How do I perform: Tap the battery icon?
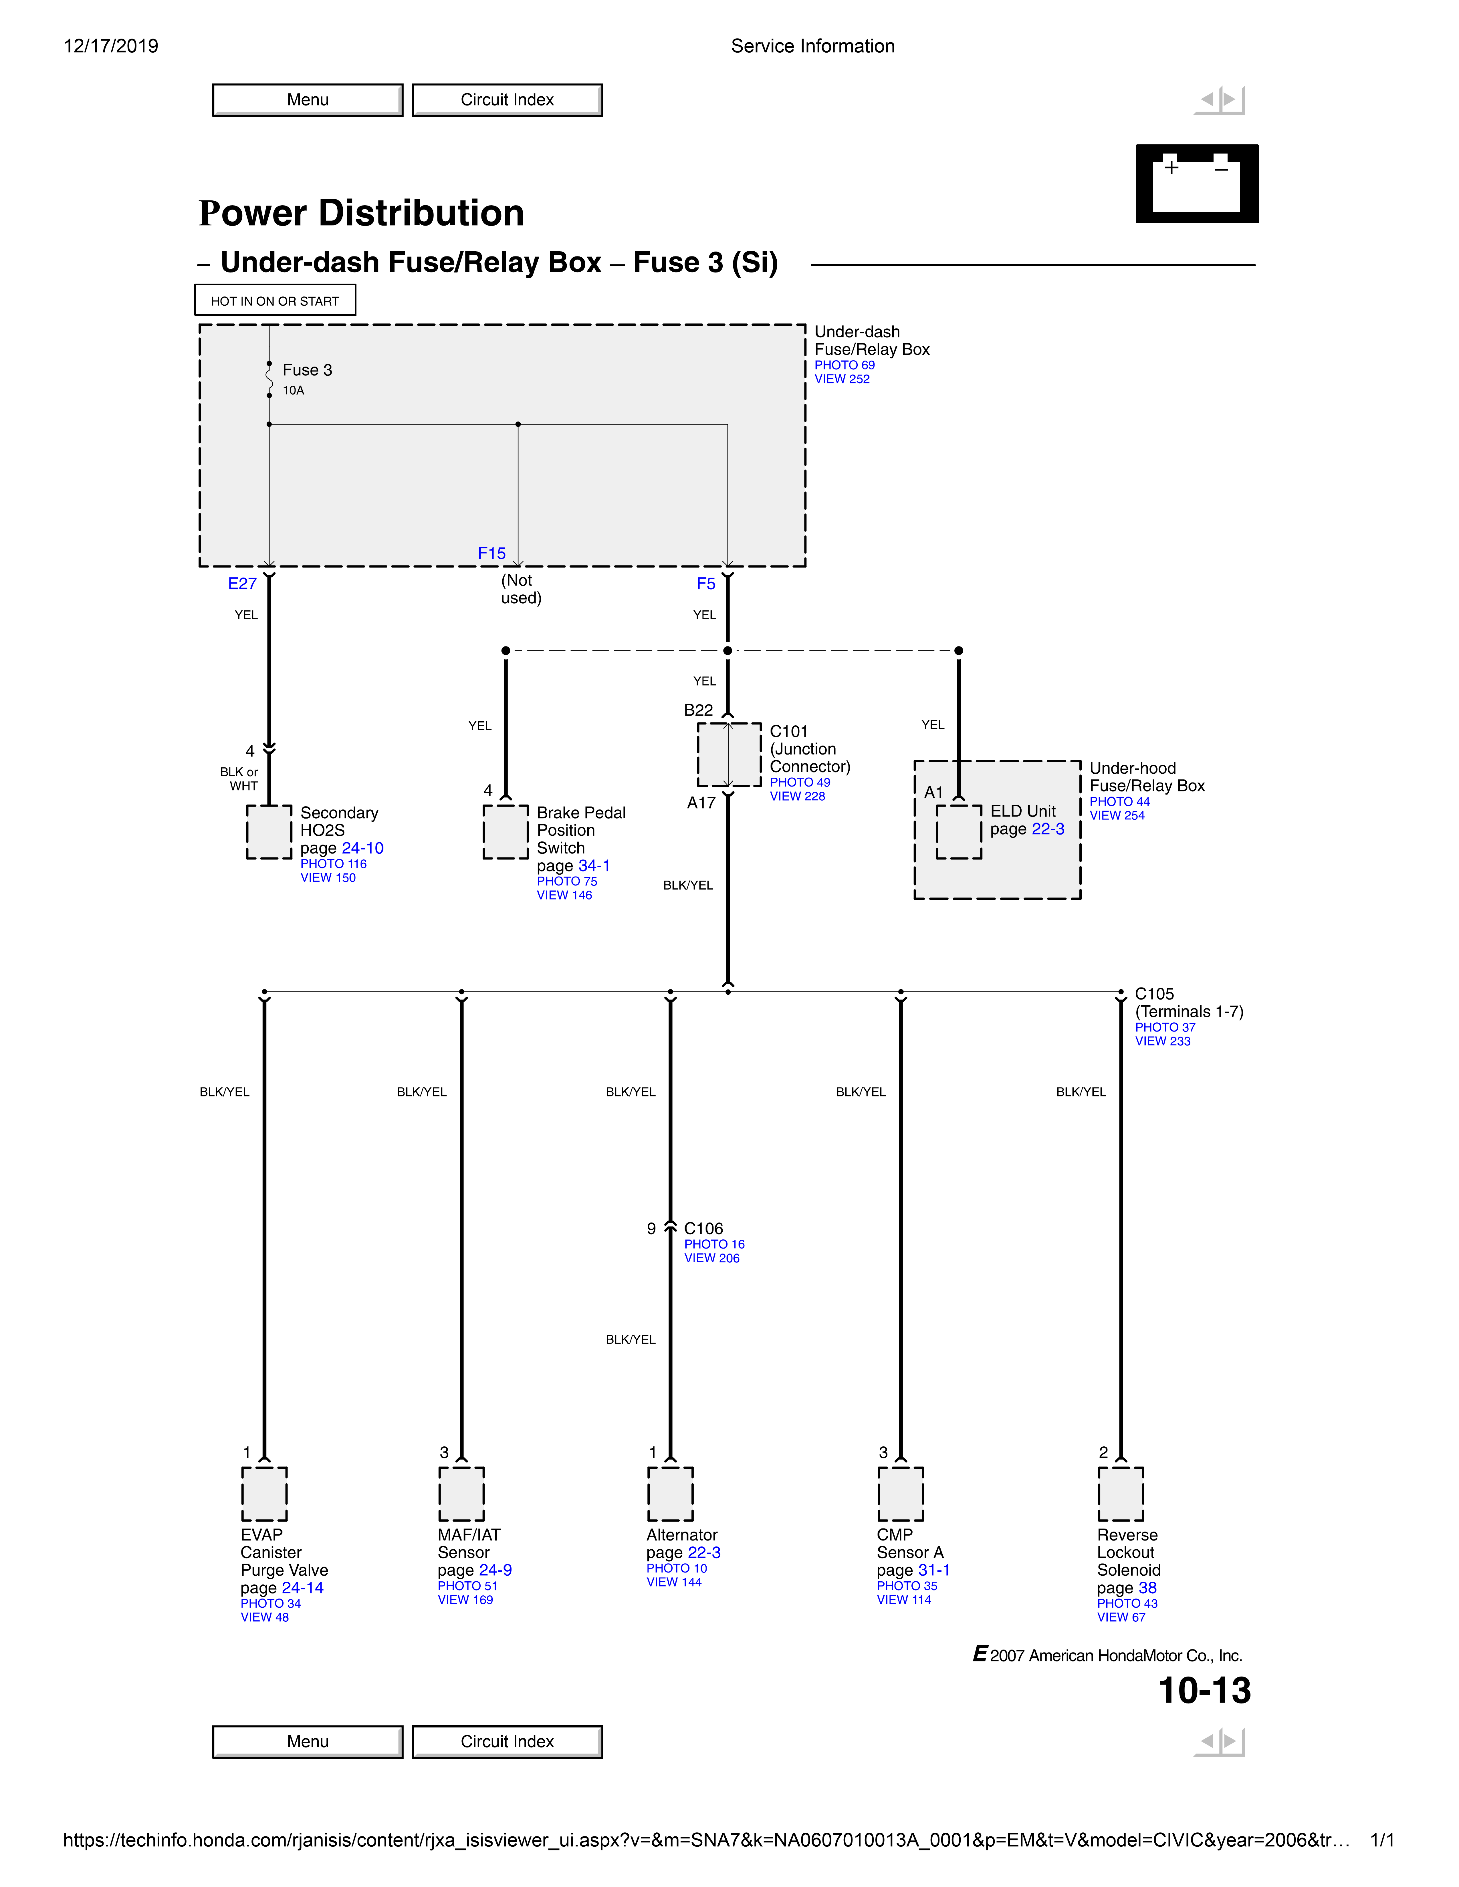(x=1196, y=184)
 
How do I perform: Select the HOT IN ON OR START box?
(x=275, y=301)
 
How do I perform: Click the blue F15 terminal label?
(x=492, y=553)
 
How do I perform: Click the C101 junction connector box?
(x=729, y=754)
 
